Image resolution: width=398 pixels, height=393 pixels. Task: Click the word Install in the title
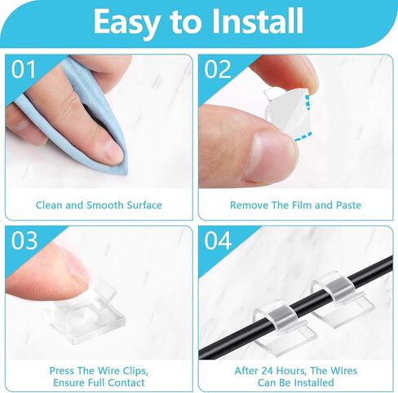(258, 21)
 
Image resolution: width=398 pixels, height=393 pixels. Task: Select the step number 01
(24, 69)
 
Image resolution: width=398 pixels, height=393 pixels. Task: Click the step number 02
(218, 69)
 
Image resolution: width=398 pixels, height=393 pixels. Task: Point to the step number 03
(24, 240)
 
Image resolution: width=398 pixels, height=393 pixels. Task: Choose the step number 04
(218, 240)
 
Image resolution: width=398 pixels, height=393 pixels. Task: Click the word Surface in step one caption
(144, 205)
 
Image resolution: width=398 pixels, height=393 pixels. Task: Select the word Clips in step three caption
(135, 371)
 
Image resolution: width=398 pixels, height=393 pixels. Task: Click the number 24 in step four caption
(268, 371)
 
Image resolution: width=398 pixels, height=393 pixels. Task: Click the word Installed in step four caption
(315, 382)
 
